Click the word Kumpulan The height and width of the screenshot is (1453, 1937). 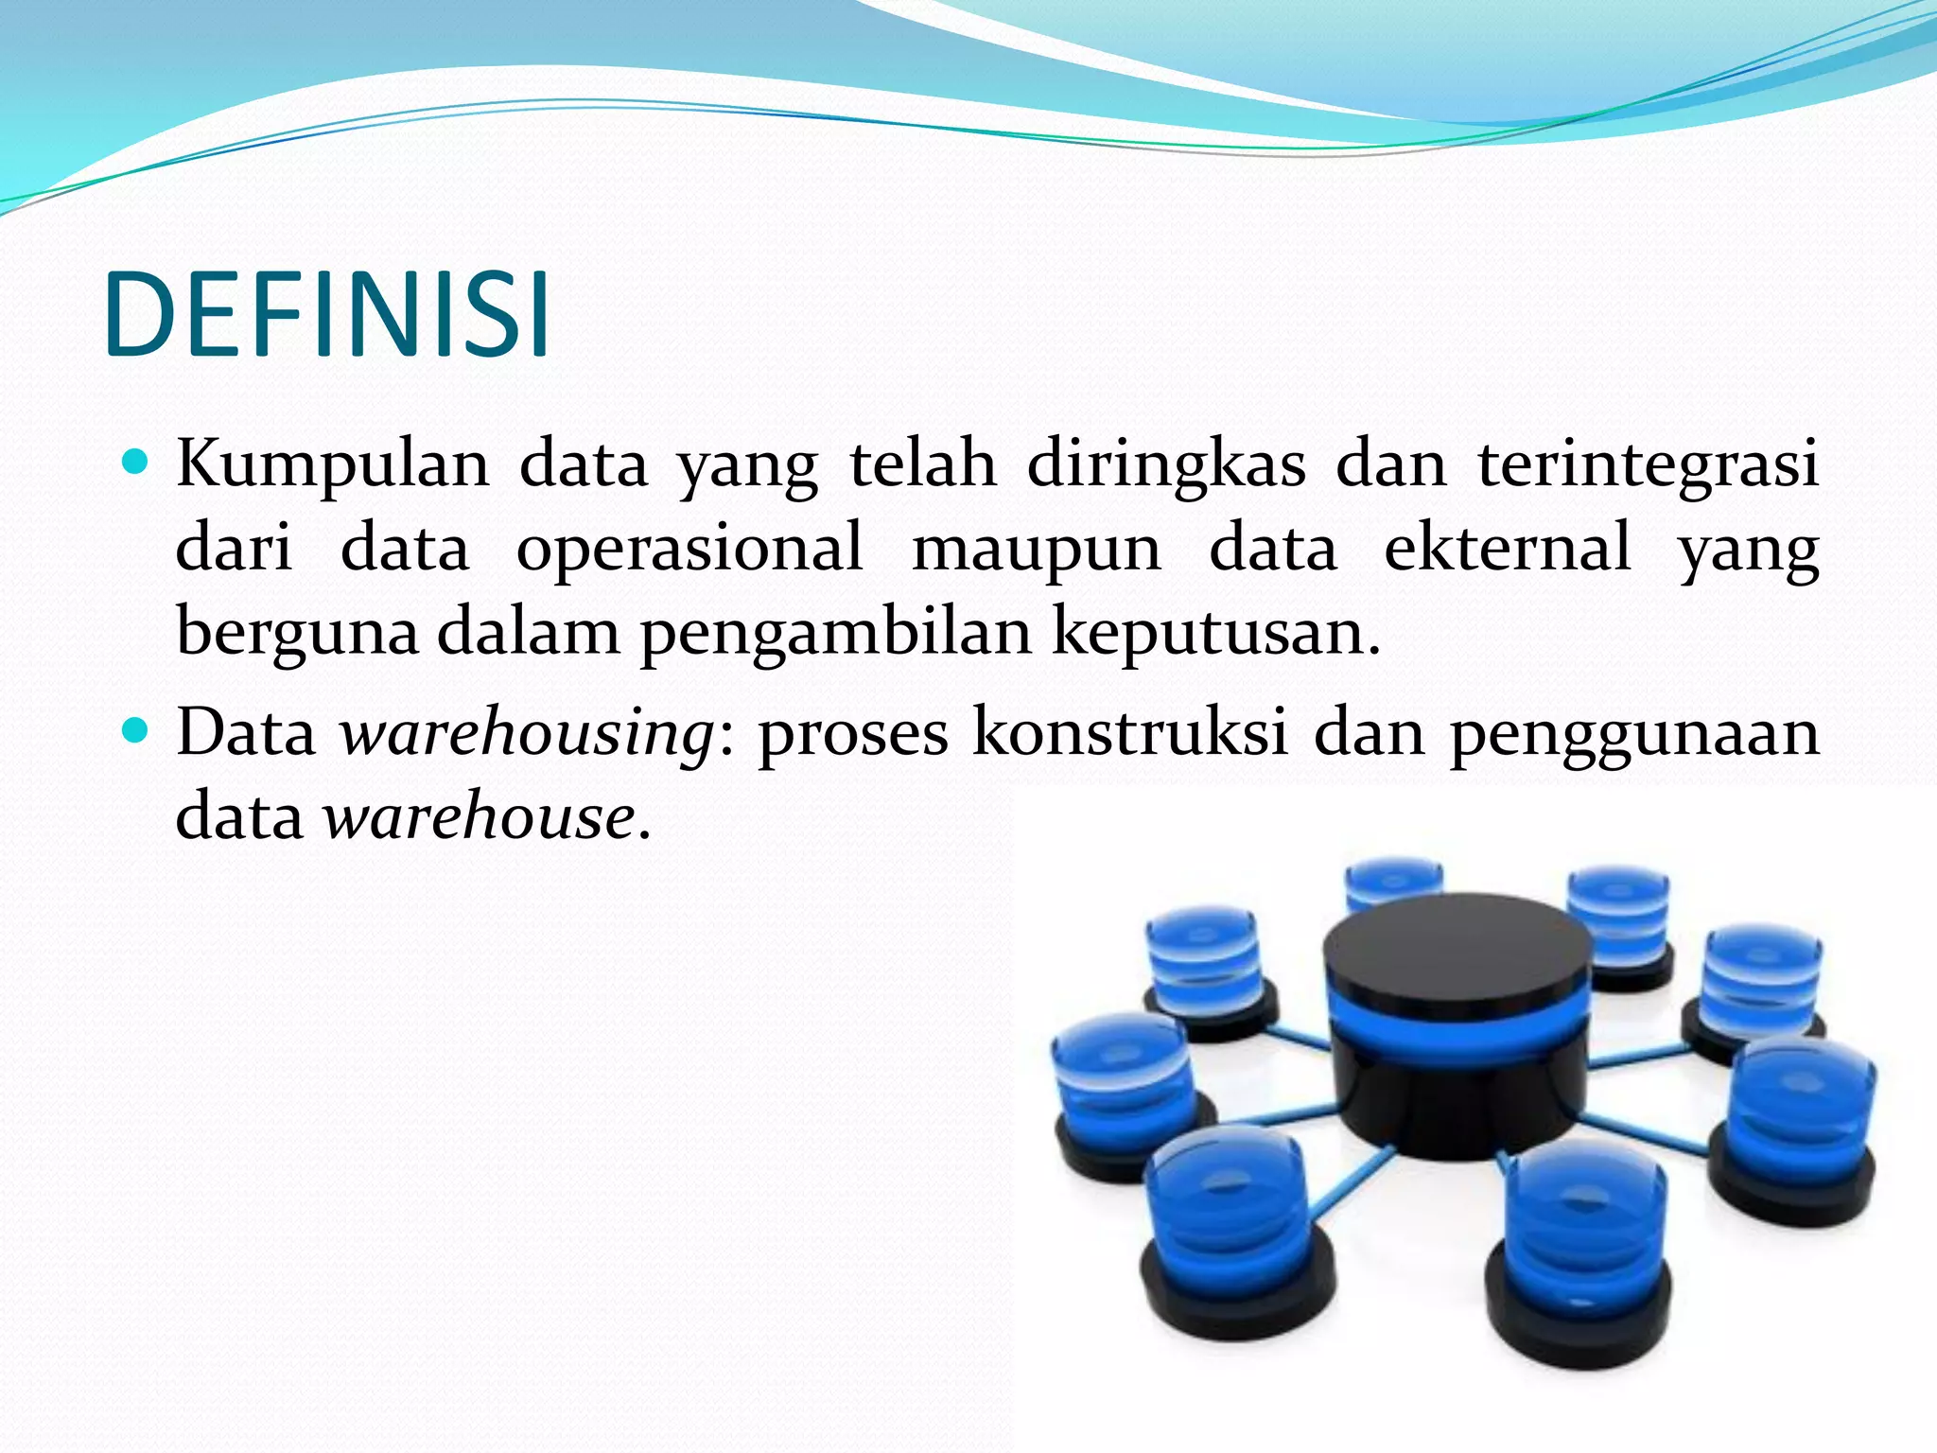333,465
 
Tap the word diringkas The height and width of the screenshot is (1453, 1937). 1166,465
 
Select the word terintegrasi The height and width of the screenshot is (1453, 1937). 1649,465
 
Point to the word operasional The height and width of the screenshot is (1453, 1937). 689,549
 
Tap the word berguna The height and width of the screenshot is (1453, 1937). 297,632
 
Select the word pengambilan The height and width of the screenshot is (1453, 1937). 836,632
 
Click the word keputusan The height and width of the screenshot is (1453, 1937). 1216,632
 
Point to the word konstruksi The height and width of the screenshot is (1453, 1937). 1131,732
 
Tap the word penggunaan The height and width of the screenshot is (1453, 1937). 1634,734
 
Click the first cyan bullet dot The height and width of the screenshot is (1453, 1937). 136,463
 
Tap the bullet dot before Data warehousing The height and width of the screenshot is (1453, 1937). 136,730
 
